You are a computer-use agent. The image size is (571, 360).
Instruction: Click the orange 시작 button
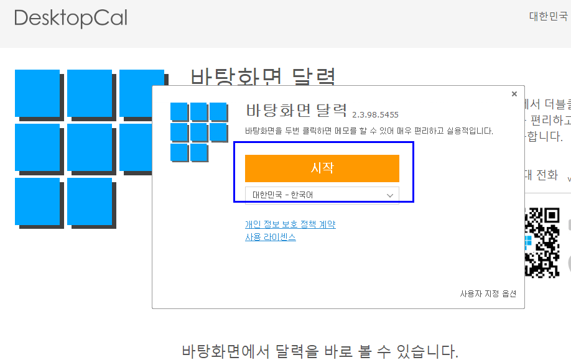tap(322, 168)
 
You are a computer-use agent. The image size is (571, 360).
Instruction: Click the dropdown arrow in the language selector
tap(390, 195)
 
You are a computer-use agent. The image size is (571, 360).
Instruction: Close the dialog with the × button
tap(514, 94)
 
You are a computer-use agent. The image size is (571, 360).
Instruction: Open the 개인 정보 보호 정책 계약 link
tap(290, 224)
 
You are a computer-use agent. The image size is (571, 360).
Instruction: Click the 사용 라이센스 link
tap(270, 237)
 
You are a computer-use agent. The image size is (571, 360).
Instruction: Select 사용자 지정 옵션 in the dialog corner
tap(488, 293)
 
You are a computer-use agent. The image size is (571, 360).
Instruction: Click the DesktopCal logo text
tap(70, 18)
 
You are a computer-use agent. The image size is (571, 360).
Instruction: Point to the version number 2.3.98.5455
tap(375, 114)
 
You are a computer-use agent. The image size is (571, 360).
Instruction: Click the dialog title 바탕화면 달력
tap(296, 111)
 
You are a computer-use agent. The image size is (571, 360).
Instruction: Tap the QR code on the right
tap(543, 242)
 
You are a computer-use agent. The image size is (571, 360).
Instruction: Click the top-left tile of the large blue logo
tap(37, 92)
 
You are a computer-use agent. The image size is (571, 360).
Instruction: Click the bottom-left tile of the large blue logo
tap(37, 201)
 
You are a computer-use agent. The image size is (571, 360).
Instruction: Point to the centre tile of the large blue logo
tap(90, 147)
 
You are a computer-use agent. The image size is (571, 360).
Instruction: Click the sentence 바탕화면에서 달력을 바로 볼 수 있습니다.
tap(320, 351)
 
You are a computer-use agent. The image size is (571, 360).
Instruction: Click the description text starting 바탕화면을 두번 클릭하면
tap(369, 131)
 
